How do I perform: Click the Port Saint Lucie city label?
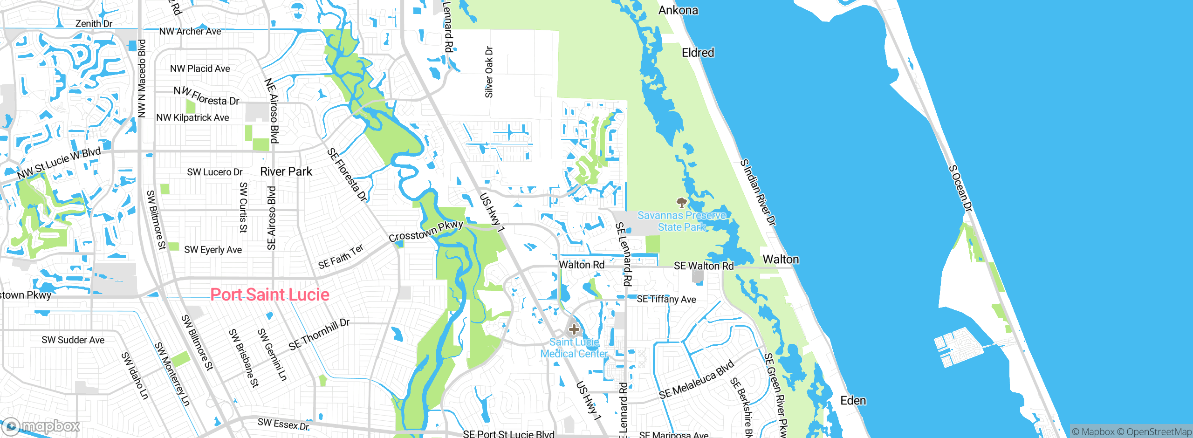(270, 294)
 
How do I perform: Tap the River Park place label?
(286, 171)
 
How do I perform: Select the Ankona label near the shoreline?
(678, 10)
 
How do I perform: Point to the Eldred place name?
(698, 53)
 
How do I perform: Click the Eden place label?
(853, 401)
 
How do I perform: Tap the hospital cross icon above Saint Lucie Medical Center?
(574, 329)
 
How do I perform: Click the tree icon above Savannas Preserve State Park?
(681, 202)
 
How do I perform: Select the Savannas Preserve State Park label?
(681, 221)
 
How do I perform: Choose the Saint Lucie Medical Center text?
(574, 348)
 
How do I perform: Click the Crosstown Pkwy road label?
(425, 231)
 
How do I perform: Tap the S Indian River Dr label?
(758, 192)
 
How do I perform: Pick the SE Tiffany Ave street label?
(666, 299)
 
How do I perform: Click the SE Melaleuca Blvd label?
(696, 380)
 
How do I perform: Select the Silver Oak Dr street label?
(489, 72)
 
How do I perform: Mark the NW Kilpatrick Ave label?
(192, 118)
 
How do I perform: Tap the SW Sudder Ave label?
(73, 340)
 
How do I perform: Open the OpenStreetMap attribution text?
(1159, 432)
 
